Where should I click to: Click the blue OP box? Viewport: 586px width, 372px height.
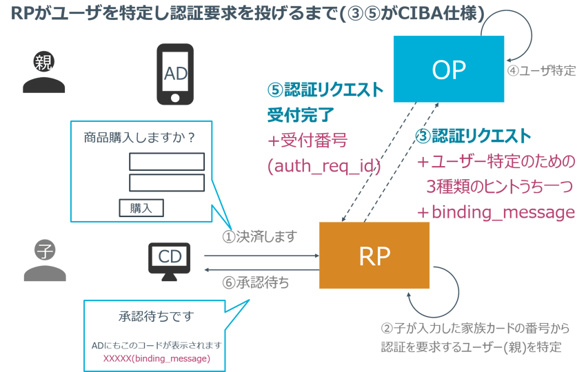point(449,69)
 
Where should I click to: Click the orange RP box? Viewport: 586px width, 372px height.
point(374,256)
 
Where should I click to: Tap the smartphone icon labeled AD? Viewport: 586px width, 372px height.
point(175,74)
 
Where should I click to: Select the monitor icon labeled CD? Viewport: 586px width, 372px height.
point(169,260)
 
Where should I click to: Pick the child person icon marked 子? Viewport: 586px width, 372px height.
point(45,261)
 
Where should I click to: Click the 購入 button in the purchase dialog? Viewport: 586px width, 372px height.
point(141,207)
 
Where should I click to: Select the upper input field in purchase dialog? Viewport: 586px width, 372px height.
point(167,161)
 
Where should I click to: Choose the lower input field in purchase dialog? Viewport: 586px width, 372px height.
point(167,183)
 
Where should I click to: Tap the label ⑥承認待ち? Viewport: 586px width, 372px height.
point(256,282)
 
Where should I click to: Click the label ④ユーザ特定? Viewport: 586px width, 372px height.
point(541,71)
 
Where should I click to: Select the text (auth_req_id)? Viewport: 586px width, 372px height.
point(324,165)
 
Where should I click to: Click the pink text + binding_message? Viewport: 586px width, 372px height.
point(496,212)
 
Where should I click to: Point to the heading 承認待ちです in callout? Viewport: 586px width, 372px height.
point(156,317)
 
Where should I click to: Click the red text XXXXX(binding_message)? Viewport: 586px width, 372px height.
point(156,358)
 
